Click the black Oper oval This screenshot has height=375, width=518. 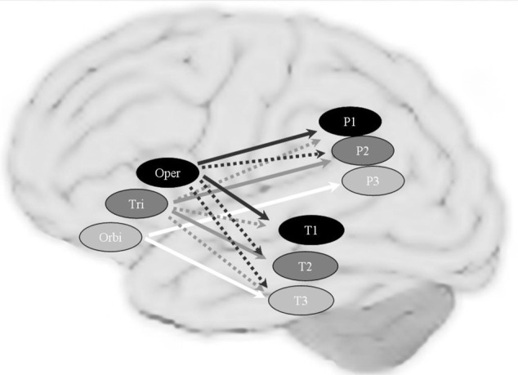pos(167,173)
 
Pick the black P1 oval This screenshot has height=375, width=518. pos(350,122)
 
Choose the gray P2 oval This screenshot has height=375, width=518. pos(363,150)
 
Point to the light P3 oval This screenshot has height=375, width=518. pos(372,181)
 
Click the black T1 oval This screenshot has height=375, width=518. pos(310,231)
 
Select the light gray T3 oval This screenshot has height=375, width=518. pos(301,299)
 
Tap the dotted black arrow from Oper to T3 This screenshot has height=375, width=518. pos(233,245)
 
